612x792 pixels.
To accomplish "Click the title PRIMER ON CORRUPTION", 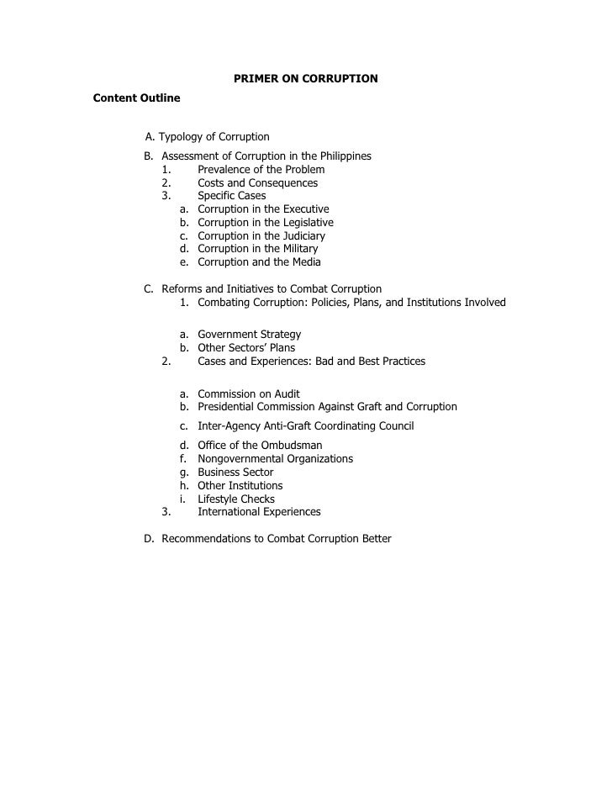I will (x=305, y=79).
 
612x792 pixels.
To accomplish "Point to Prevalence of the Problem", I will (x=261, y=170).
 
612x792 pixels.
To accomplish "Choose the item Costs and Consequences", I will (x=257, y=183).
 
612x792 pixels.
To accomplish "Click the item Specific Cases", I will (x=231, y=196).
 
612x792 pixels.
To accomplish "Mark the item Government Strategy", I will (x=249, y=335).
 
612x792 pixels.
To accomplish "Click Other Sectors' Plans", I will (x=246, y=348).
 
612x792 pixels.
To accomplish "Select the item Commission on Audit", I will (x=248, y=393).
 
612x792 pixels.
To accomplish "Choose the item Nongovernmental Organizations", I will (x=275, y=459).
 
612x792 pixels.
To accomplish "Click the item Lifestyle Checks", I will (x=236, y=499).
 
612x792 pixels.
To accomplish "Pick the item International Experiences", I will (x=259, y=512).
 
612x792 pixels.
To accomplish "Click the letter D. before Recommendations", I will (x=149, y=538).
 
